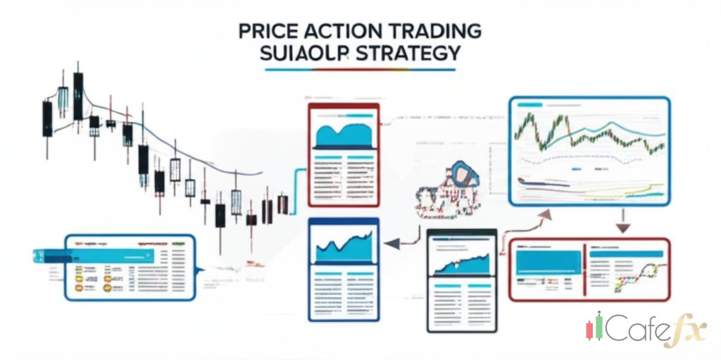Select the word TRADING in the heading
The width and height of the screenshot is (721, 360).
(432, 31)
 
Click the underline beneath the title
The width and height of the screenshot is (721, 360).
(360, 70)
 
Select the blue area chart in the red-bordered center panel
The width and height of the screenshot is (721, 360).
(343, 134)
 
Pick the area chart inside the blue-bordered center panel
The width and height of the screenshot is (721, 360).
(343, 247)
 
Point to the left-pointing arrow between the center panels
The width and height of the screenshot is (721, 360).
(391, 244)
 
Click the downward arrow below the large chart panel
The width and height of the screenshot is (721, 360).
(622, 227)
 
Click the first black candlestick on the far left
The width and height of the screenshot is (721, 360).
(47, 118)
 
